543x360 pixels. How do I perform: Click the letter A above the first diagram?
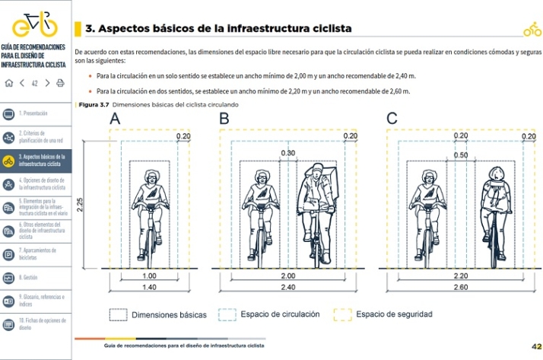[115, 119]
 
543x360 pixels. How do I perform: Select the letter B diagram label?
[224, 119]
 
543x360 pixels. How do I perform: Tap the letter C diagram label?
[392, 119]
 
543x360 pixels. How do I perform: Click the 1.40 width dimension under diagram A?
[149, 288]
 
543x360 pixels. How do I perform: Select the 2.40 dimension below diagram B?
[288, 288]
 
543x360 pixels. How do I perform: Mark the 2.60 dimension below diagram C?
[461, 288]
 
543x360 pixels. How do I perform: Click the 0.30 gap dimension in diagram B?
[288, 153]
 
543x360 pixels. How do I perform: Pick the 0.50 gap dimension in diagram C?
[461, 155]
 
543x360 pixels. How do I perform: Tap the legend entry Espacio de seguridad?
[393, 314]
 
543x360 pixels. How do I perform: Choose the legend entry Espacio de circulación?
[279, 314]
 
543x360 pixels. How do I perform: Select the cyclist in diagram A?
[150, 209]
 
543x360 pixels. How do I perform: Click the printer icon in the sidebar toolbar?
[61, 83]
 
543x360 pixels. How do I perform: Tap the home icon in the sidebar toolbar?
[9, 83]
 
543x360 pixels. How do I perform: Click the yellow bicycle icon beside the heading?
[532, 30]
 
